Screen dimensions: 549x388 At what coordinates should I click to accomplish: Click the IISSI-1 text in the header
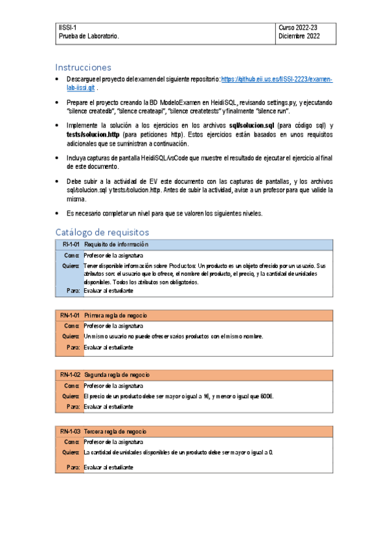[x=67, y=27]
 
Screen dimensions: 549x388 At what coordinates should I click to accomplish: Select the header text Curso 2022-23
[x=297, y=27]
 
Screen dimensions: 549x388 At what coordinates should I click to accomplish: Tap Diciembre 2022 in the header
[x=299, y=36]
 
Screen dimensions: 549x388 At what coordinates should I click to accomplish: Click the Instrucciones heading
[x=83, y=67]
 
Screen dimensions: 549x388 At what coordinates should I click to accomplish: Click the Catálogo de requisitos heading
[x=102, y=232]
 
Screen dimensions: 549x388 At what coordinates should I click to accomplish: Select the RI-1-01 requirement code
[x=70, y=244]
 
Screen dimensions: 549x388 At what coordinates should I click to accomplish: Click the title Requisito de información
[x=116, y=244]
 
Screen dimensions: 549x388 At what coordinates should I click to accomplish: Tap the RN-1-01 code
[x=70, y=315]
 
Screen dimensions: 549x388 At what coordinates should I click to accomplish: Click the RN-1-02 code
[x=70, y=375]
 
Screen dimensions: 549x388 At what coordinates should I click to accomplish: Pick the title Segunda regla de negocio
[x=117, y=375]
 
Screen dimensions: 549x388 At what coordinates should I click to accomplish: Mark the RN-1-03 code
[x=70, y=431]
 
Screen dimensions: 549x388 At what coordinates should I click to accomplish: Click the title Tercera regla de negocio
[x=115, y=431]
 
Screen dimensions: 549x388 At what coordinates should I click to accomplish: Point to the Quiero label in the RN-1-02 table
[x=70, y=396]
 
